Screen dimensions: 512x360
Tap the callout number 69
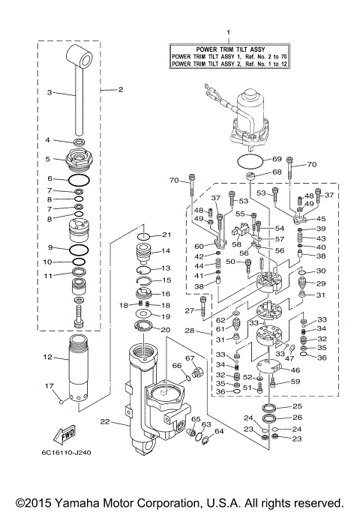[x=276, y=160]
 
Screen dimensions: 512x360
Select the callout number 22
[x=104, y=423]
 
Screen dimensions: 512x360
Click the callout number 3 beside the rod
[x=49, y=93]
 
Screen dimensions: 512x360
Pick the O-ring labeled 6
[x=78, y=180]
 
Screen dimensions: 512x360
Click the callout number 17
[x=49, y=387]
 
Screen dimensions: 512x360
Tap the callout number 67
[x=190, y=358]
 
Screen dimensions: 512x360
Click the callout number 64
[x=219, y=431]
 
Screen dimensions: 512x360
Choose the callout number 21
[x=167, y=235]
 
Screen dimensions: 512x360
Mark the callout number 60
[x=199, y=246]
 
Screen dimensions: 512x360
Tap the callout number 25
[x=296, y=406]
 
